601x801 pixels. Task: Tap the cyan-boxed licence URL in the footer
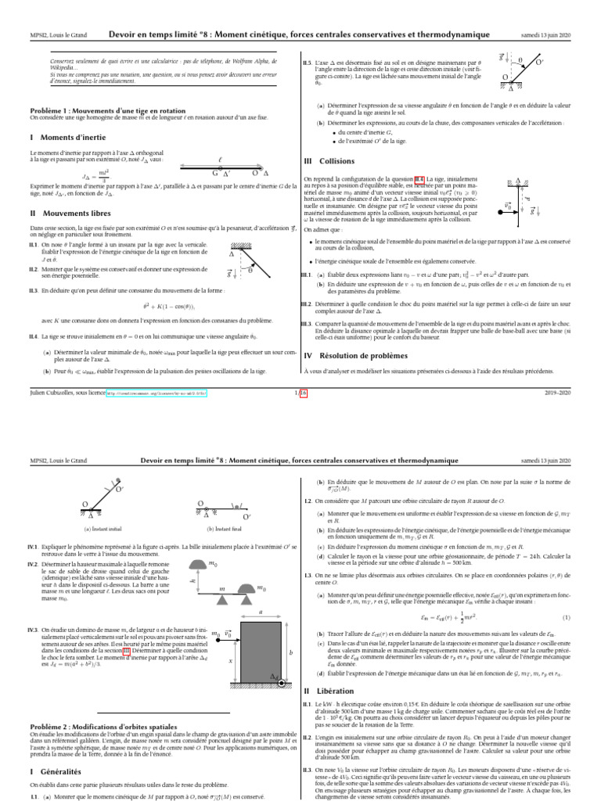coord(160,394)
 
